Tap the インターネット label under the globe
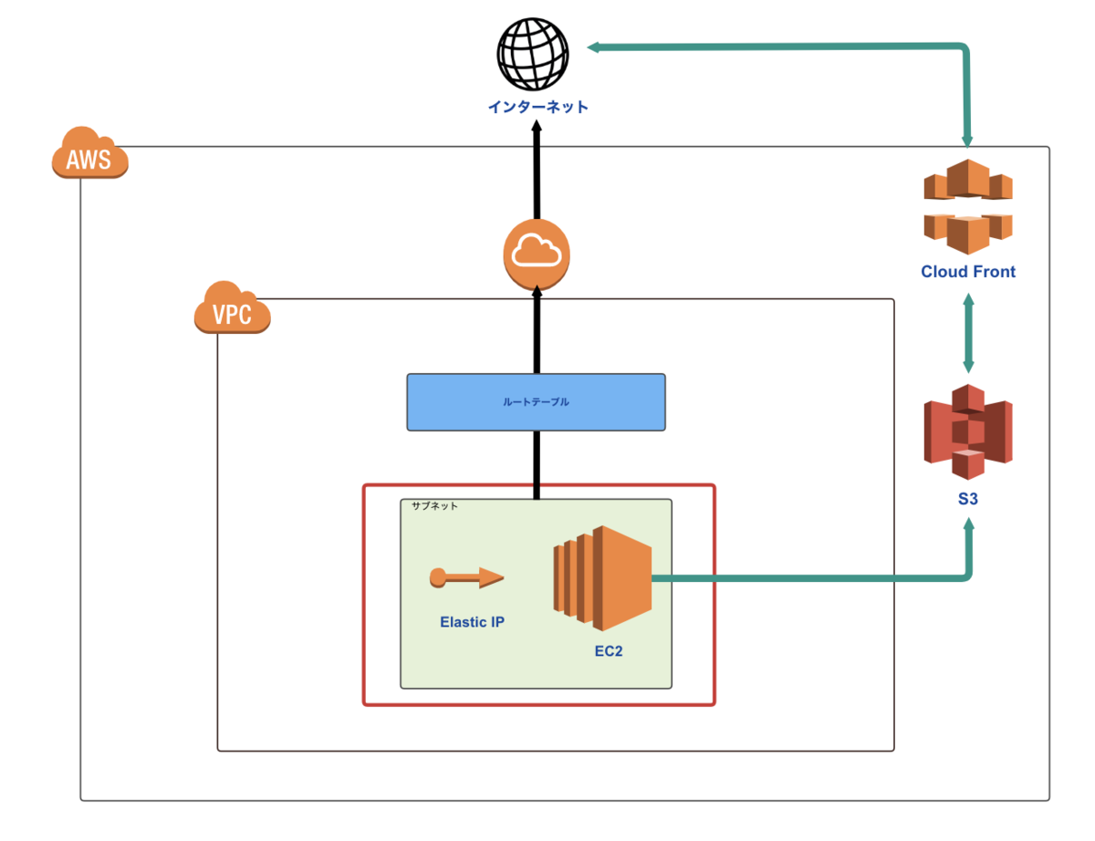(537, 108)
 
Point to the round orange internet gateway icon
(537, 251)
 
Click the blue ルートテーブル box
(536, 401)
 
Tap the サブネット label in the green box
(434, 505)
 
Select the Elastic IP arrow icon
(465, 577)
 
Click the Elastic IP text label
(472, 623)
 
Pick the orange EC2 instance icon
(602, 577)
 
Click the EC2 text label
(608, 652)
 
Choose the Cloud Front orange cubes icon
(968, 205)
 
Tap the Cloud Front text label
(968, 272)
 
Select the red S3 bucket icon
(968, 431)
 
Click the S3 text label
(968, 500)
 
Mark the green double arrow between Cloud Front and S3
(968, 331)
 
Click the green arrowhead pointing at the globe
(593, 47)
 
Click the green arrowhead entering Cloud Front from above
(968, 140)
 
